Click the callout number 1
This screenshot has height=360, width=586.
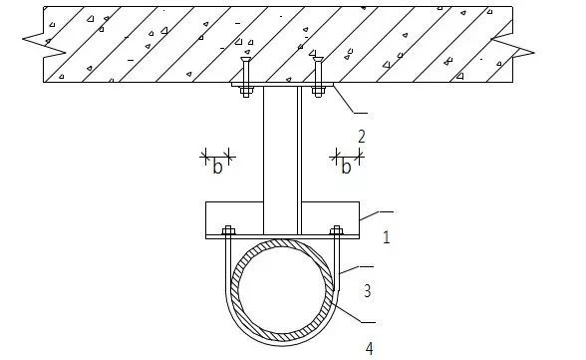coord(387,237)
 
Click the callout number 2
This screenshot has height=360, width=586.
coord(362,137)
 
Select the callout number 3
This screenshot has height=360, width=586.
coord(368,291)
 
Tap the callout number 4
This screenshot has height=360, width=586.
coord(369,349)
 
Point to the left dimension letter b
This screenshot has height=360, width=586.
coord(217,166)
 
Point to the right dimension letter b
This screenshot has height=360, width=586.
coord(346,166)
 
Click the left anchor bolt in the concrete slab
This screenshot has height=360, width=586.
coord(245,73)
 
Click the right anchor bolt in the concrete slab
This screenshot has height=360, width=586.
coord(318,73)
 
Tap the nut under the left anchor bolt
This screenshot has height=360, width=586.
coord(245,92)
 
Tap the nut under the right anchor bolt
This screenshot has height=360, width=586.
coord(318,92)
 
